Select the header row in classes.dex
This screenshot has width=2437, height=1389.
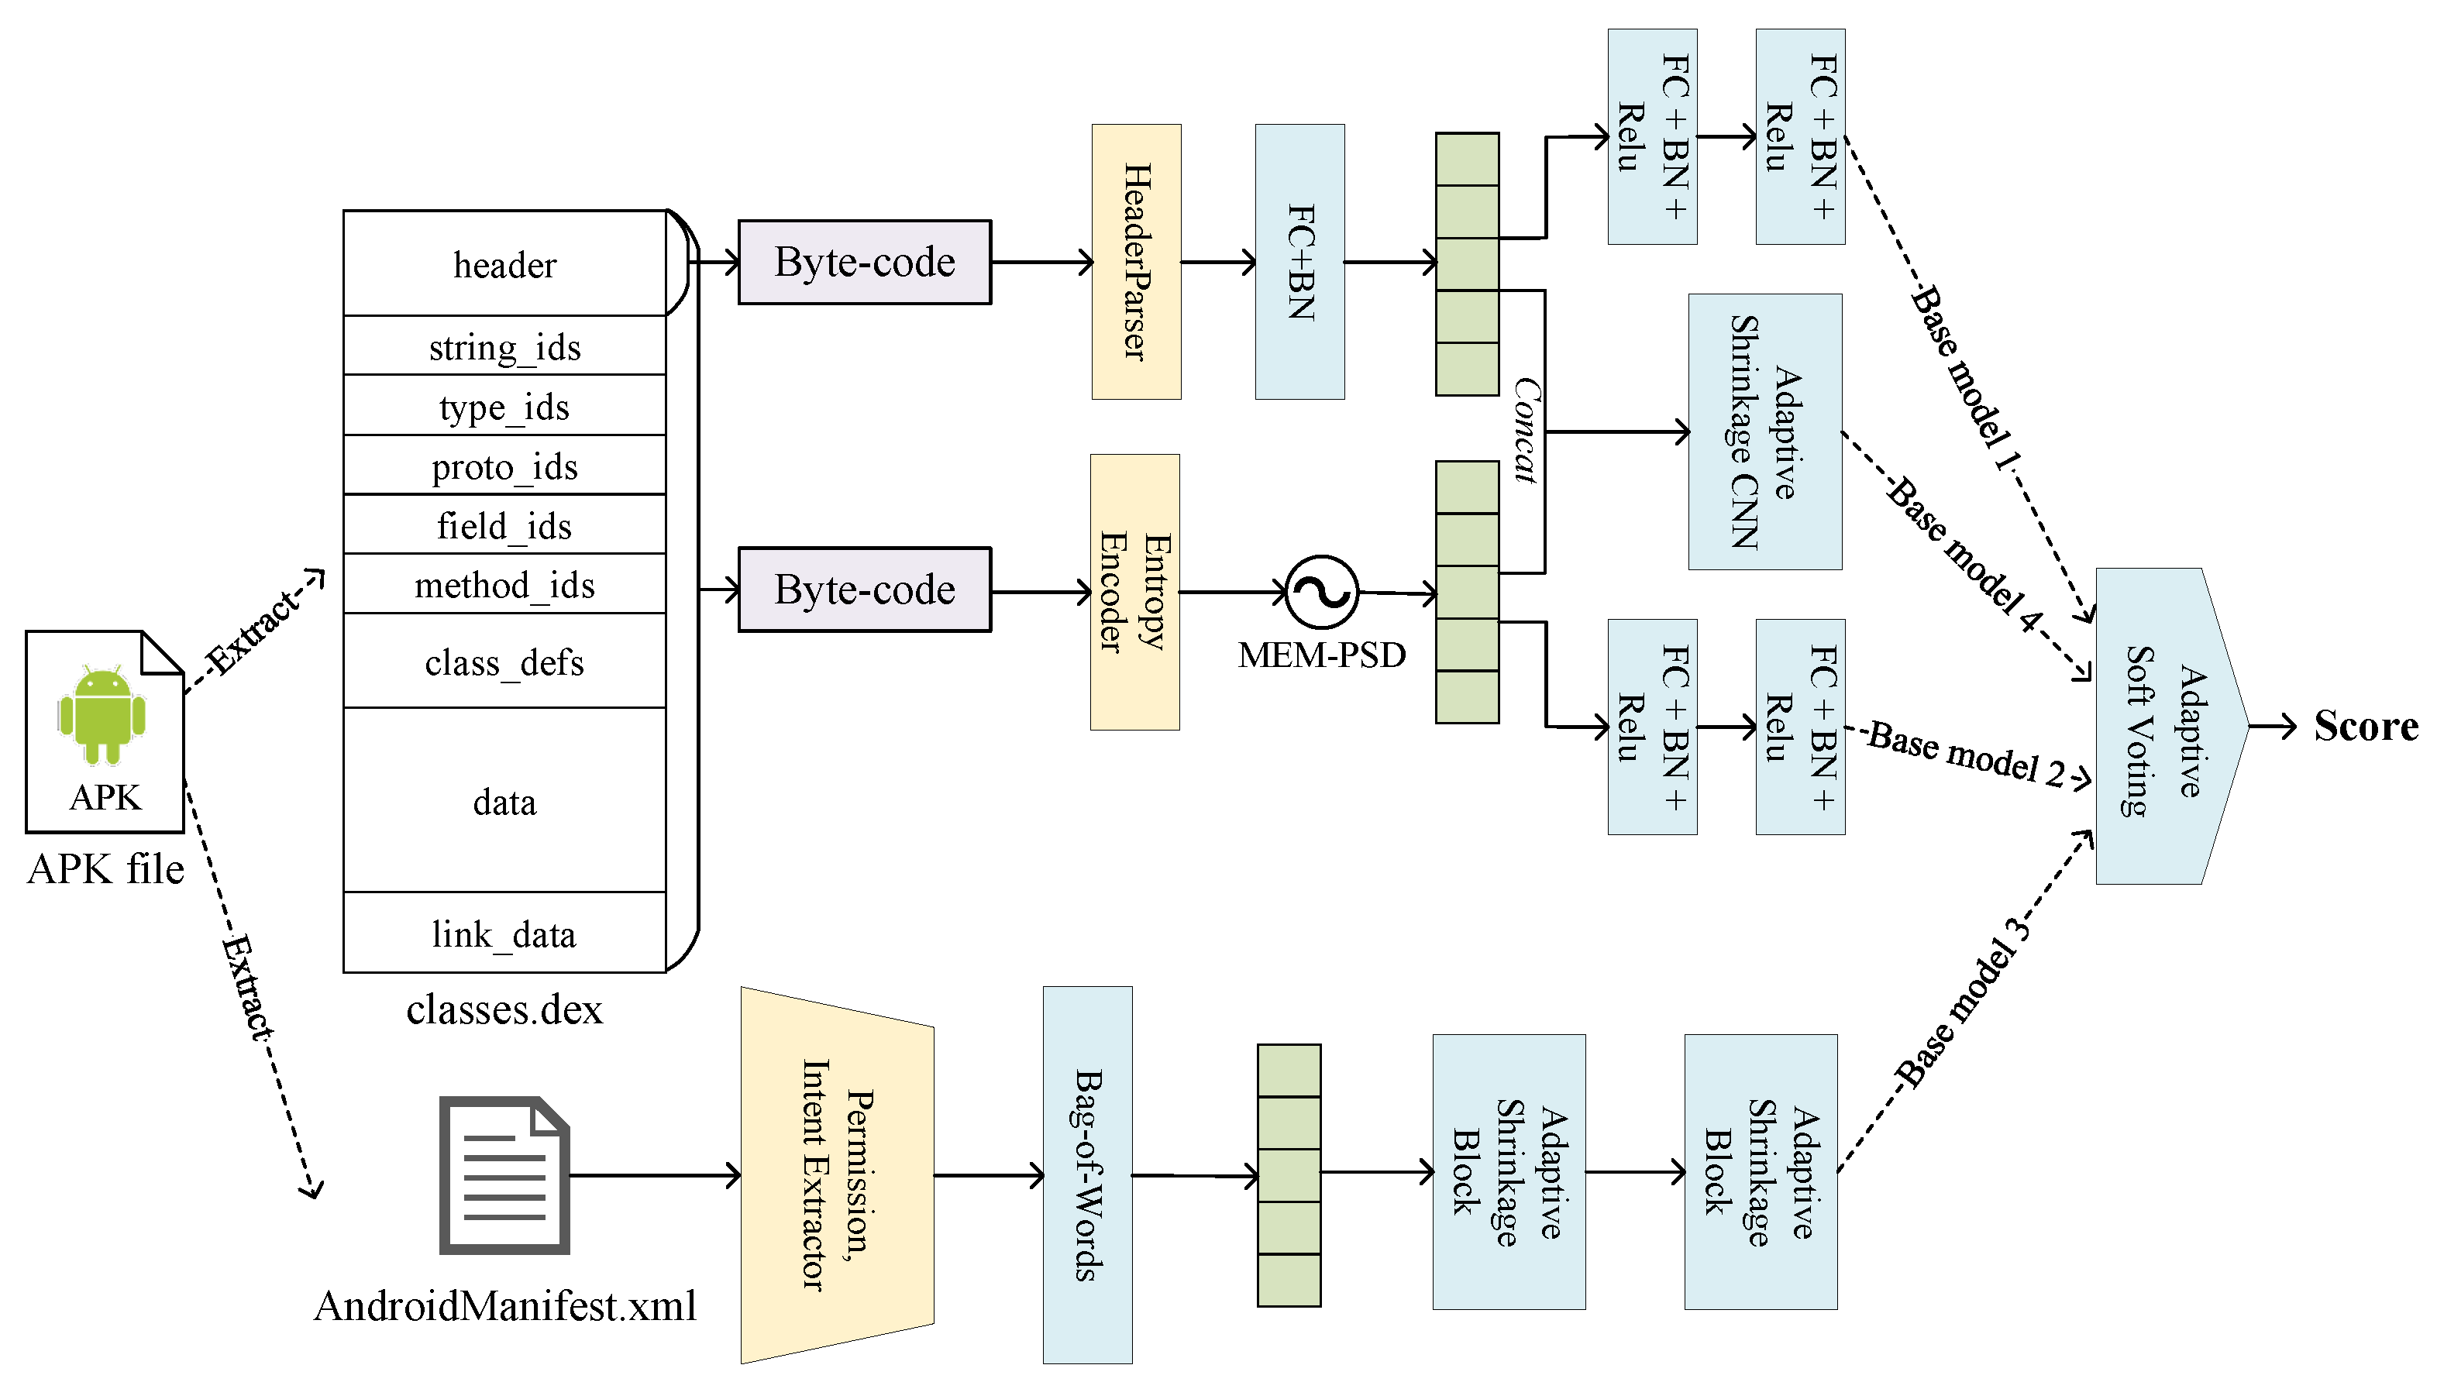click(504, 264)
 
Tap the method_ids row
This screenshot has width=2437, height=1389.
click(504, 585)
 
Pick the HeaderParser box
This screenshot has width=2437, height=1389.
click(1135, 261)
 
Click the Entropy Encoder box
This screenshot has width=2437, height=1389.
click(1134, 593)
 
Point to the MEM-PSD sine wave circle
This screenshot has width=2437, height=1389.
click(1321, 593)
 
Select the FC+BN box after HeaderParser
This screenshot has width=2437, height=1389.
click(1299, 261)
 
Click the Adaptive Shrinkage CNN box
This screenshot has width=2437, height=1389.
click(1764, 432)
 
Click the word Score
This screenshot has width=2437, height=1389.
click(2364, 727)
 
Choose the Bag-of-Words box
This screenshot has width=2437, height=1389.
click(1087, 1174)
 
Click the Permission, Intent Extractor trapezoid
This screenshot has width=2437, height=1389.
click(836, 1174)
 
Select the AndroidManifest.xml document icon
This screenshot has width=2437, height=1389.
click(504, 1174)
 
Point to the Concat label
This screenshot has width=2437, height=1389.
click(1526, 430)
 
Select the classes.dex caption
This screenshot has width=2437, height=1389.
click(504, 1009)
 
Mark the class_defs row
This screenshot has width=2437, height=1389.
click(504, 662)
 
